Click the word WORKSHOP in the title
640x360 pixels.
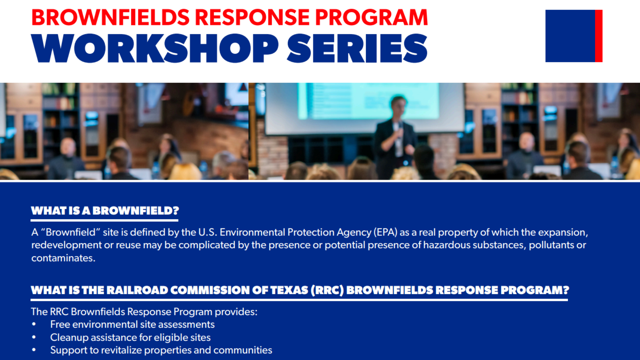click(x=155, y=48)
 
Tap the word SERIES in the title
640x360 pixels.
click(x=357, y=48)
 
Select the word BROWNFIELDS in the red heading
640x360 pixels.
click(x=110, y=17)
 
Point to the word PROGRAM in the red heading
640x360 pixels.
click(x=371, y=17)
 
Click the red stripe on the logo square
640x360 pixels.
click(x=599, y=36)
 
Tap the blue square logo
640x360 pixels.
click(x=570, y=36)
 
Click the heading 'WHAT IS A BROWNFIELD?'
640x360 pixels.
click(x=105, y=211)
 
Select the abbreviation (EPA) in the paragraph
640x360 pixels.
click(x=386, y=232)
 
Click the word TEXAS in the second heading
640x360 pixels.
click(x=289, y=290)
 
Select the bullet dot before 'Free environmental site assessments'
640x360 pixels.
click(x=34, y=324)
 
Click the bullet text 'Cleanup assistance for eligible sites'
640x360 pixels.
click(x=130, y=337)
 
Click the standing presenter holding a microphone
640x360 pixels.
click(x=395, y=137)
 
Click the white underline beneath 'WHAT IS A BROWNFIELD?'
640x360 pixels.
click(x=104, y=220)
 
